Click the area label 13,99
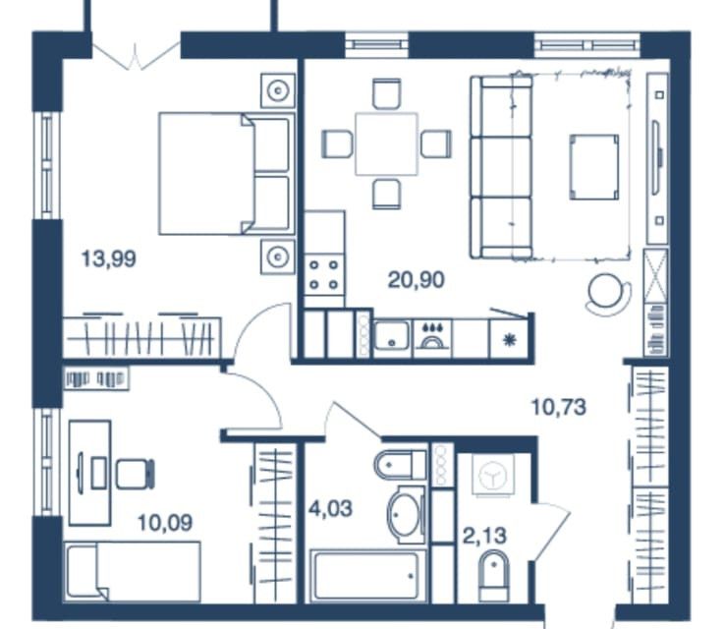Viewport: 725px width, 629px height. pyautogui.click(x=109, y=258)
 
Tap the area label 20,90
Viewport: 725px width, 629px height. pyautogui.click(x=417, y=280)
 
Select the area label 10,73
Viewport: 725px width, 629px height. pyautogui.click(x=559, y=407)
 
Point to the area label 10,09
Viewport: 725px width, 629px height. pyautogui.click(x=165, y=523)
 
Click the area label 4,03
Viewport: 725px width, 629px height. pyautogui.click(x=331, y=509)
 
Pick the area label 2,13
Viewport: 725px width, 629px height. pyautogui.click(x=484, y=536)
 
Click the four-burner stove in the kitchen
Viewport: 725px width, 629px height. pyautogui.click(x=324, y=275)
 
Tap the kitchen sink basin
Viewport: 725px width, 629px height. pyautogui.click(x=392, y=335)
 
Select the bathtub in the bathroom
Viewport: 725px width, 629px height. pyautogui.click(x=368, y=575)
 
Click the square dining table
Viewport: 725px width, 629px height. pyautogui.click(x=386, y=143)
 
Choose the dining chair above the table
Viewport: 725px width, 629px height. pyautogui.click(x=386, y=94)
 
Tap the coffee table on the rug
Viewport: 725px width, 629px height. pyautogui.click(x=594, y=167)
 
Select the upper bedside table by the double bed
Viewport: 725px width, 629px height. pyautogui.click(x=277, y=90)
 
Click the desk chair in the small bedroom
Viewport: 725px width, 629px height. pyautogui.click(x=135, y=474)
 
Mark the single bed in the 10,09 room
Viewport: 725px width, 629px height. pyautogui.click(x=134, y=572)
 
